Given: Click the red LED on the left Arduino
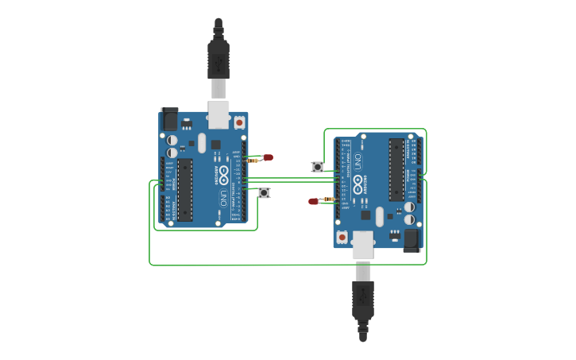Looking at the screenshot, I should (268, 157).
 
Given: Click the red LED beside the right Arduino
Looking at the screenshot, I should (313, 201).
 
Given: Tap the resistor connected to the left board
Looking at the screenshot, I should (253, 161).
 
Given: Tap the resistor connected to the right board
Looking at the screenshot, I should (329, 199).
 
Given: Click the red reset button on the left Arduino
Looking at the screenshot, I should (239, 122).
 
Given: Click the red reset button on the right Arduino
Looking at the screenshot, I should (342, 237).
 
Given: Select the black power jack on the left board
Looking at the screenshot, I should (170, 119).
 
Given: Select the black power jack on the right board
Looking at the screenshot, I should (411, 239).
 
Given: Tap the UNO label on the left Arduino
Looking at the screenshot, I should (224, 196).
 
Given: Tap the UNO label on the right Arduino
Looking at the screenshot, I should (358, 162).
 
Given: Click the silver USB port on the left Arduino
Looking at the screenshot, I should (218, 114).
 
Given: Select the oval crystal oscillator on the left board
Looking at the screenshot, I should (203, 143).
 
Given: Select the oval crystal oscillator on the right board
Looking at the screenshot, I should (379, 215).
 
